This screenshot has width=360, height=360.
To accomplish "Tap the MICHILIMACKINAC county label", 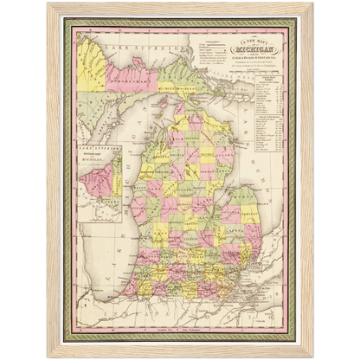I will [x=180, y=88].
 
